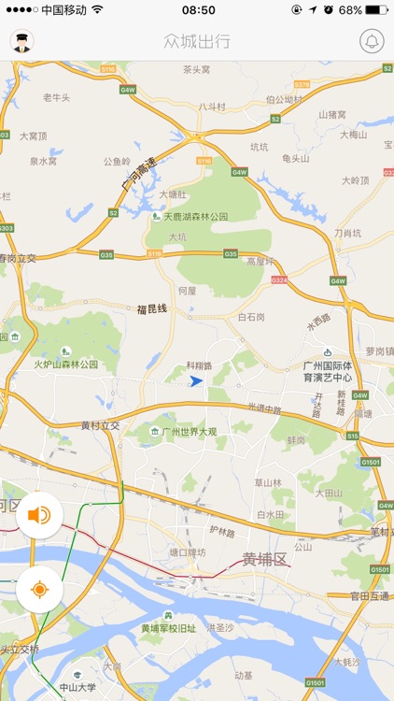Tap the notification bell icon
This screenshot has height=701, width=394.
click(x=372, y=42)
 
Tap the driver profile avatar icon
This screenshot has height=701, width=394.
click(x=21, y=42)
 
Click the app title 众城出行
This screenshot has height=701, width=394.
click(x=196, y=42)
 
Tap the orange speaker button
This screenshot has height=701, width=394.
click(x=39, y=515)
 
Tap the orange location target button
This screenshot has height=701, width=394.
click(x=39, y=589)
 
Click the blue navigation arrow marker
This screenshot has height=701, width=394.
click(x=196, y=381)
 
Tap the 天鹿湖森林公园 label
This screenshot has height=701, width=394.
click(x=196, y=216)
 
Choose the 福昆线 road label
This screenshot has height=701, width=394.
click(x=151, y=308)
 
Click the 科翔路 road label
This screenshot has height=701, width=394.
click(x=200, y=366)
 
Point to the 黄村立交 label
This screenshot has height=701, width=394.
click(x=101, y=425)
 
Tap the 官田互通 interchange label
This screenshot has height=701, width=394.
click(x=369, y=595)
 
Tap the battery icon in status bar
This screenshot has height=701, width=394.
click(x=375, y=10)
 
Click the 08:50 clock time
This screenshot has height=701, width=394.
click(x=198, y=10)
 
